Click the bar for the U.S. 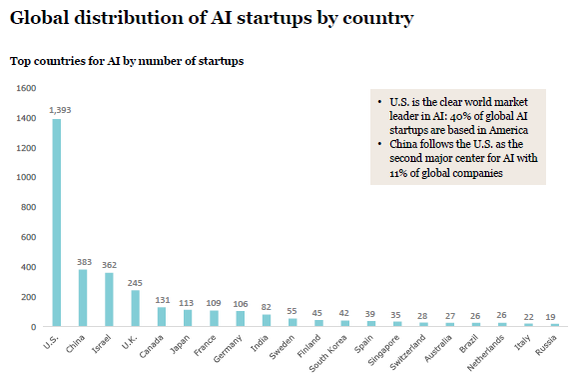tap(57, 223)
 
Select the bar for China tap(83, 298)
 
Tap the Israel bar tap(109, 300)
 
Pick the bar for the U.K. tap(136, 308)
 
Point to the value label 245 tap(136, 281)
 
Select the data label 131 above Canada tap(162, 298)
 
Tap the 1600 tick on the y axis tap(25, 88)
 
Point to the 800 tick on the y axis tap(27, 207)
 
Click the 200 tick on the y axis tap(27, 297)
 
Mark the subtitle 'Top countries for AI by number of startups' tap(127, 61)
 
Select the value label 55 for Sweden tap(292, 309)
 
